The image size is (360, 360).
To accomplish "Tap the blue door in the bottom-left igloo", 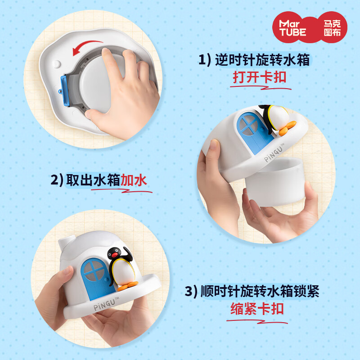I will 94,278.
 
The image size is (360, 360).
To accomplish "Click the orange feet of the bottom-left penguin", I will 128,284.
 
